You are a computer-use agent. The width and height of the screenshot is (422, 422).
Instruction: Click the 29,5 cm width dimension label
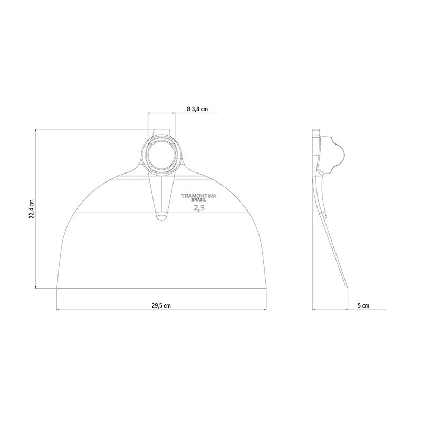[161, 306]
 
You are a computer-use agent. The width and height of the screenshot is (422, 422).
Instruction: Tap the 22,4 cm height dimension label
[32, 209]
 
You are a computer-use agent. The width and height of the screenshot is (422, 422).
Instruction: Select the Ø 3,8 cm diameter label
[197, 109]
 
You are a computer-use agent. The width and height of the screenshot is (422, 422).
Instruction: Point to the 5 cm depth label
[363, 306]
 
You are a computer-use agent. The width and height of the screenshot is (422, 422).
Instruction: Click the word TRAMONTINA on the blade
[199, 196]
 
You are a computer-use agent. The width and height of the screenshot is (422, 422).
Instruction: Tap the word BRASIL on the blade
[199, 200]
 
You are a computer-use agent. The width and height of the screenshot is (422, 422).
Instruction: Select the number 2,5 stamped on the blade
[199, 208]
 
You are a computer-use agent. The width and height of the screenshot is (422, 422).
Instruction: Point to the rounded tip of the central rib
[161, 217]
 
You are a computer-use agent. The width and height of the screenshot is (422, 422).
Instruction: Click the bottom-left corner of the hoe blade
[57, 289]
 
